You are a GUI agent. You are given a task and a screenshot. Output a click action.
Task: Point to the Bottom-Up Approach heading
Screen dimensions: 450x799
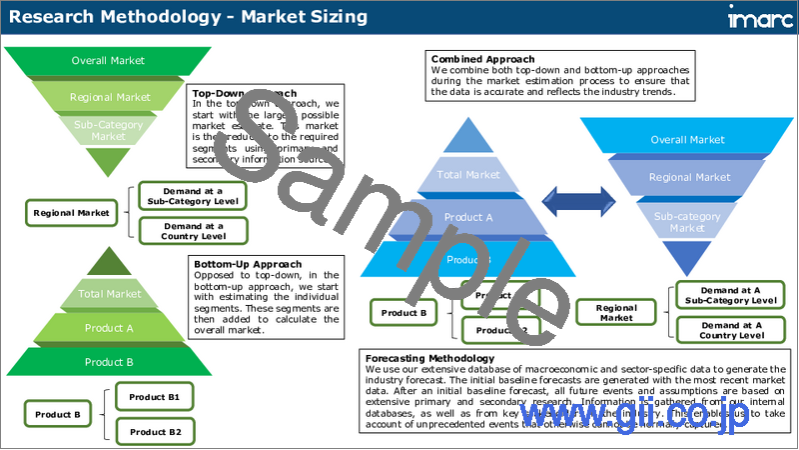tap(247, 264)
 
